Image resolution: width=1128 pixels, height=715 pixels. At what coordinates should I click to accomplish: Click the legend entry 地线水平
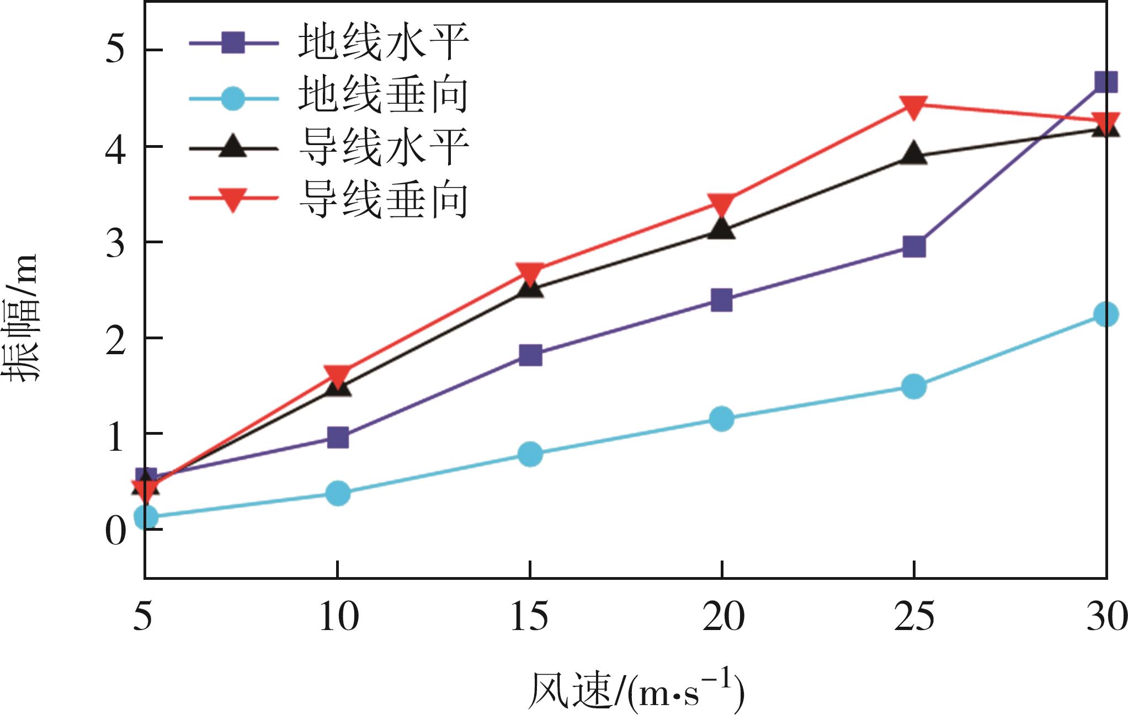pos(383,42)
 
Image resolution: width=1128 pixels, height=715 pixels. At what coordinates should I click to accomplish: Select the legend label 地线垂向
pos(383,95)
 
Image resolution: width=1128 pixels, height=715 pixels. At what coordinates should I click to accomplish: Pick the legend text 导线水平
pos(383,147)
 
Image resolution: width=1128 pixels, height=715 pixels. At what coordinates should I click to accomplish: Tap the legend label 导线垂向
pos(383,200)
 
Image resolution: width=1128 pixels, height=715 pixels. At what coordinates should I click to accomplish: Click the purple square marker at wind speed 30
pos(1105,82)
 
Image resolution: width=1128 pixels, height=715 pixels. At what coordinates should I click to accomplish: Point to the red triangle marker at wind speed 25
pos(913,106)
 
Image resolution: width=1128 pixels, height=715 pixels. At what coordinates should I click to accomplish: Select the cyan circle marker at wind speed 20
pos(721,419)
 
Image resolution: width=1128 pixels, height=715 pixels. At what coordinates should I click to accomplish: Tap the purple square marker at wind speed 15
pos(530,355)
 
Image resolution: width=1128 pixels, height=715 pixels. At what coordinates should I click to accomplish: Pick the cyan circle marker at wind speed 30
pos(1105,314)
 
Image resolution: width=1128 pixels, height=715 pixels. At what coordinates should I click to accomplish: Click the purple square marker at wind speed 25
pos(914,247)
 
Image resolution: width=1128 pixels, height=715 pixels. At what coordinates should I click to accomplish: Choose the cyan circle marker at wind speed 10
pos(337,492)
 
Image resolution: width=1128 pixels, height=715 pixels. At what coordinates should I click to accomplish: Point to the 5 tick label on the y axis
pos(115,51)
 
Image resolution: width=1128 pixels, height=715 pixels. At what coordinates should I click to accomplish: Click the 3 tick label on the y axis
pos(115,242)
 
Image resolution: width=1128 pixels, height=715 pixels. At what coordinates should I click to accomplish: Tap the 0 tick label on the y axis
pos(115,531)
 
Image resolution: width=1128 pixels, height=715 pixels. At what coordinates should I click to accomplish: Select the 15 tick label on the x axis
pos(529,616)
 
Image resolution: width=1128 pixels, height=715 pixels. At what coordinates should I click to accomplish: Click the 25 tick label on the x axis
pos(914,616)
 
